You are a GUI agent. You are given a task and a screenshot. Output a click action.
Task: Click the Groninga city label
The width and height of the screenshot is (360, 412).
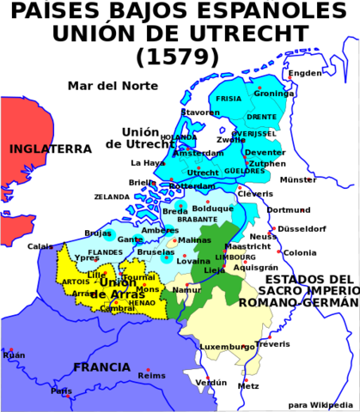[x=272, y=94]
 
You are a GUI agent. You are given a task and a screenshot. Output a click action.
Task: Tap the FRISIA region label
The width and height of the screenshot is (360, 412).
[x=229, y=99]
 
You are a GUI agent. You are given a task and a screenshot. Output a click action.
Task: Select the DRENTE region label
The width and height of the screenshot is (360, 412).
[x=261, y=117]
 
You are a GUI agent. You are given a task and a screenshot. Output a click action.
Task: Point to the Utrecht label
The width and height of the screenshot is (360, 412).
[x=203, y=173]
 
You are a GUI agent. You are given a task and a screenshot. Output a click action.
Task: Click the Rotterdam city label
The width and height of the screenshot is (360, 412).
[x=192, y=186]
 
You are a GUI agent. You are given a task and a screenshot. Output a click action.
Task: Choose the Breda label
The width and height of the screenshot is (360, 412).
[x=174, y=211]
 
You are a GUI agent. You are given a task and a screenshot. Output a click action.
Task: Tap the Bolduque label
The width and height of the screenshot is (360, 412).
[x=212, y=209]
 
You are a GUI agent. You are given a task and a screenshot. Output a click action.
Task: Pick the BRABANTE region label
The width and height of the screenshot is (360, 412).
[x=197, y=220]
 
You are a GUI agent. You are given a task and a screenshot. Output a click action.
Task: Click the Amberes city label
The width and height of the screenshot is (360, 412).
[x=160, y=231]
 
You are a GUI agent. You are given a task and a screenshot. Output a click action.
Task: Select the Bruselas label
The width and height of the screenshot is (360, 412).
[x=156, y=252]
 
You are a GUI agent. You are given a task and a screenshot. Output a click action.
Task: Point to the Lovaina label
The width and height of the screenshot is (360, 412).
[x=193, y=261]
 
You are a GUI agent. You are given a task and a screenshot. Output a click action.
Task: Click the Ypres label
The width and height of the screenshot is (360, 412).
[x=87, y=257]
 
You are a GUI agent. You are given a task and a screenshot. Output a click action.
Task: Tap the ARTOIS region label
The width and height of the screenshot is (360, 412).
[x=76, y=282]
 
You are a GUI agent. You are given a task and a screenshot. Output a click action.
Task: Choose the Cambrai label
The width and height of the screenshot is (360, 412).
[x=117, y=308]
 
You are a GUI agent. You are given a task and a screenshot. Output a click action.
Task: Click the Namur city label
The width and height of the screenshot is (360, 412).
[x=186, y=290]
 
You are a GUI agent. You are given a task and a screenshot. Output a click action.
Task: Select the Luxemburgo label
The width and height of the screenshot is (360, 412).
[x=228, y=347]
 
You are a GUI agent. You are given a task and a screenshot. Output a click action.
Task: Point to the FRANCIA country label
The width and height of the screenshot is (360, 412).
[x=101, y=367]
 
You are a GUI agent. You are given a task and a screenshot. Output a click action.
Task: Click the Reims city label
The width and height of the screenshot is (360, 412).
[x=151, y=375]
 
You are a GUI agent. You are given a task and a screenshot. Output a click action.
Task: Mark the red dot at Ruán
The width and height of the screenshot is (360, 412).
[x=11, y=349]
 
